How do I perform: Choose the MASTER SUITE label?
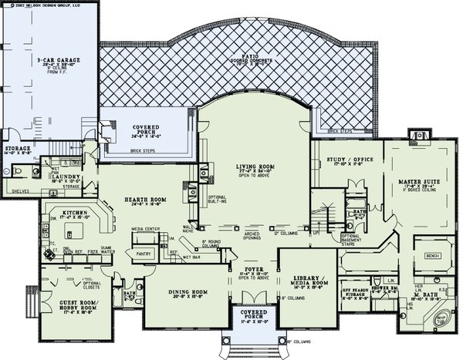[420, 181]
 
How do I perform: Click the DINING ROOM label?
[186, 291]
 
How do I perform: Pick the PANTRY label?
[141, 252]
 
